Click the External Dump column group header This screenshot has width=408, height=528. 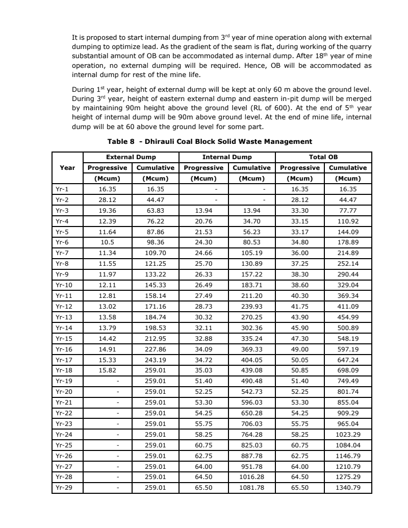[131, 158]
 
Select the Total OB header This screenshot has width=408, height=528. [323, 158]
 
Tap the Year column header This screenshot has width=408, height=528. [67, 167]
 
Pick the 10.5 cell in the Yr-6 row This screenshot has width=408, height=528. [108, 242]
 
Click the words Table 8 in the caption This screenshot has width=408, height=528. [123, 141]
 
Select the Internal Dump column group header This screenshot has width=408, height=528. [227, 158]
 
